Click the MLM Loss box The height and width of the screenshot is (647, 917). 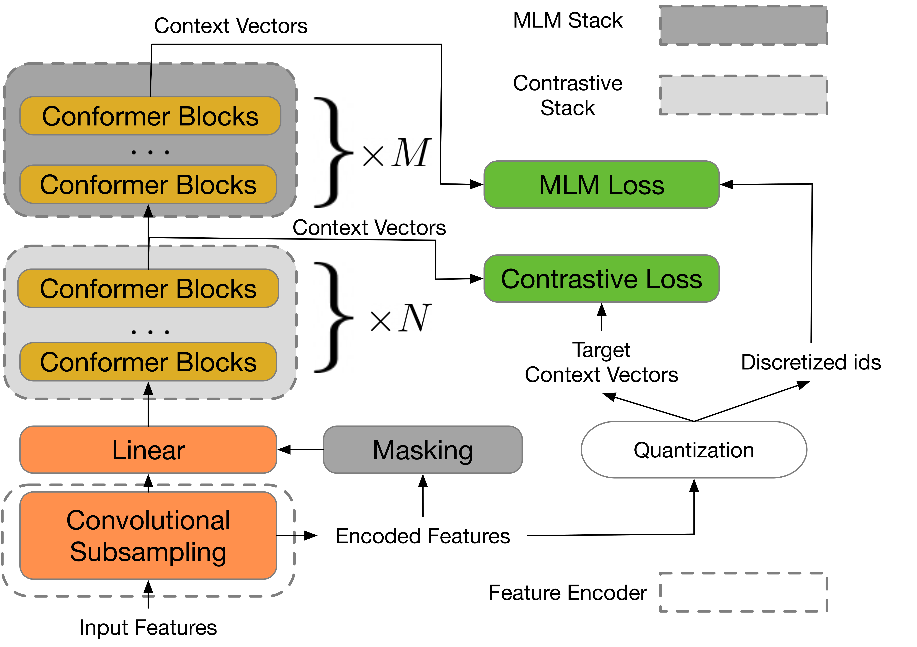pyautogui.click(x=602, y=185)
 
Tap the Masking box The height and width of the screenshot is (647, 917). pyautogui.click(x=423, y=450)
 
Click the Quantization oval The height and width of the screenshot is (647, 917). pyautogui.click(x=694, y=450)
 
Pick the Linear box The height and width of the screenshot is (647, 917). pyautogui.click(x=148, y=450)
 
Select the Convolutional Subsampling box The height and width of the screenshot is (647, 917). pyautogui.click(x=148, y=536)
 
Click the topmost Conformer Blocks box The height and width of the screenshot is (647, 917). pyautogui.click(x=150, y=116)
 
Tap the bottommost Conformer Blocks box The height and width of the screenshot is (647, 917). pyautogui.click(x=148, y=362)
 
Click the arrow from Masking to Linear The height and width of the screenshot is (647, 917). pyautogui.click(x=300, y=450)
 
